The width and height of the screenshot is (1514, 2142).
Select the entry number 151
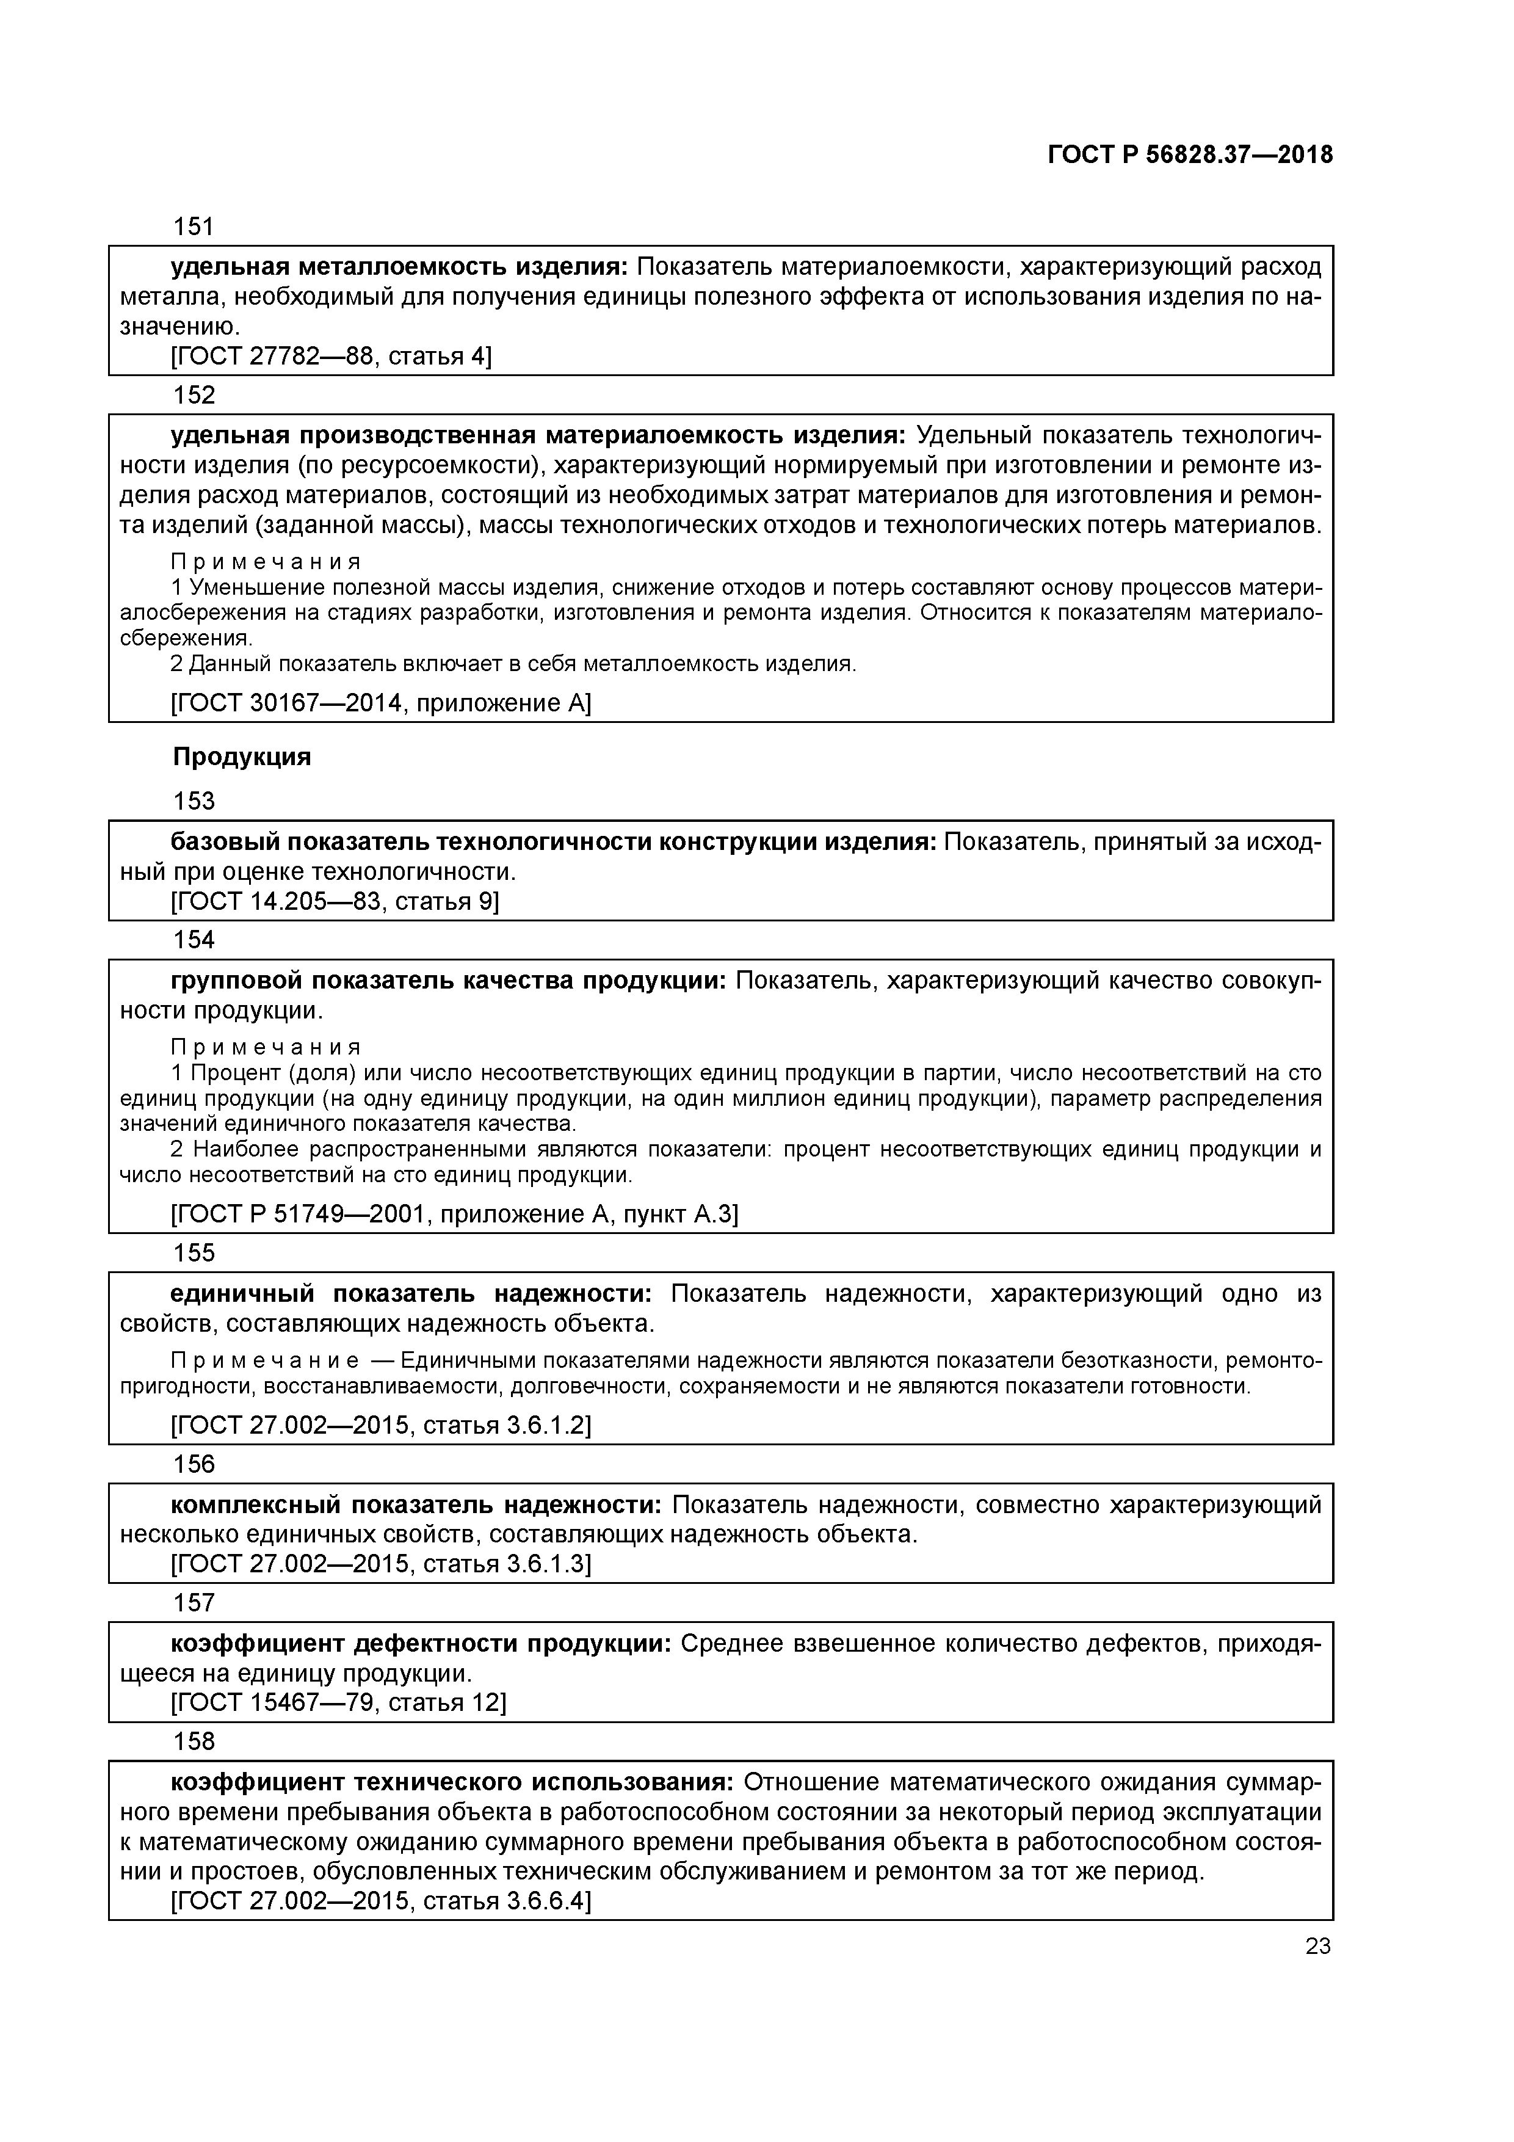point(194,227)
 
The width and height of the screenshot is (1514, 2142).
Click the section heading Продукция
point(242,757)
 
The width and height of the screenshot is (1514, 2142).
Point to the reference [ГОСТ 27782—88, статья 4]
point(331,357)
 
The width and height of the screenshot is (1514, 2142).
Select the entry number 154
point(194,940)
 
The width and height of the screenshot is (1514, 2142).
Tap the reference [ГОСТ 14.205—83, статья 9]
point(335,901)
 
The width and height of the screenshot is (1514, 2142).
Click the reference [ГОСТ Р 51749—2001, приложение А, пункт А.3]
point(454,1214)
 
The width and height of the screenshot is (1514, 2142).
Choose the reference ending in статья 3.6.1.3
point(380,1564)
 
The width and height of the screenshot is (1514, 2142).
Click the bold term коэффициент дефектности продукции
point(420,1643)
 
